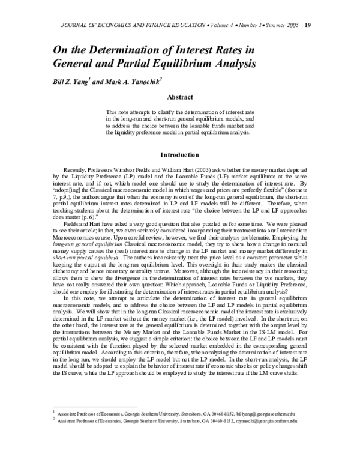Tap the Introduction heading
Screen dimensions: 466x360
179,154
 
